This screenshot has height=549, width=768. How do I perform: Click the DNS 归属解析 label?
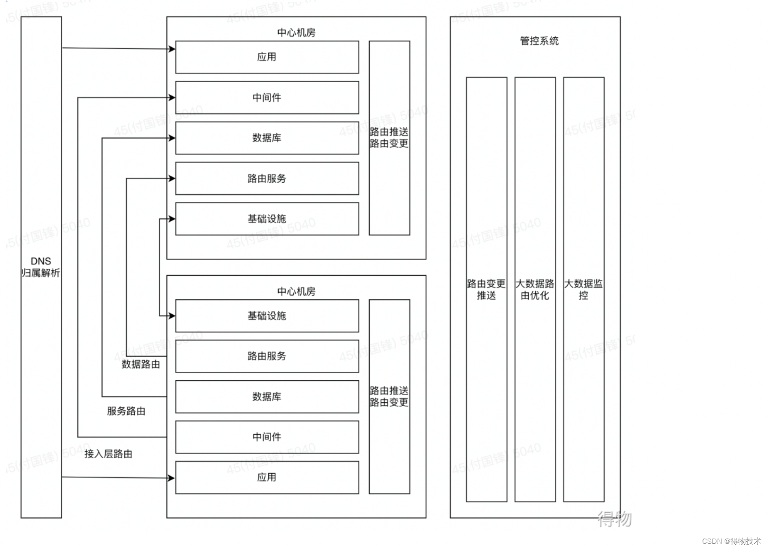point(41,267)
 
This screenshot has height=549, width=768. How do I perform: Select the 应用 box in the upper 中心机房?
point(267,57)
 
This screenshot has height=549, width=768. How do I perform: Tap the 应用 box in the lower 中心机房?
point(267,477)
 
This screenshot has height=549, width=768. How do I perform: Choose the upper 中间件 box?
point(267,97)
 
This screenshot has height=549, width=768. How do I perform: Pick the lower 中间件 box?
point(267,437)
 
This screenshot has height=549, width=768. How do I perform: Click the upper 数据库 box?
point(267,138)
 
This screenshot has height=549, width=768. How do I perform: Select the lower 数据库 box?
point(267,397)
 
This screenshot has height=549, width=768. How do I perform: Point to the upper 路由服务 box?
point(267,178)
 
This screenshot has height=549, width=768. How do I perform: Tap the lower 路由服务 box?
point(267,356)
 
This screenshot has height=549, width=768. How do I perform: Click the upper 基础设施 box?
point(267,219)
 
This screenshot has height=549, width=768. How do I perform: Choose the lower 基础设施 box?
point(267,316)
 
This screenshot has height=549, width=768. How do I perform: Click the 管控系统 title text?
point(539,41)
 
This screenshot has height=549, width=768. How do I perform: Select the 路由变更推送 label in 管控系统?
point(486,289)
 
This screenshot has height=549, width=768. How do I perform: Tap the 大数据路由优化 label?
point(535,289)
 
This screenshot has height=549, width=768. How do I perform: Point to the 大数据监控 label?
point(583,289)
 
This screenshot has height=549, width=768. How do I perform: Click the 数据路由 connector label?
point(141,364)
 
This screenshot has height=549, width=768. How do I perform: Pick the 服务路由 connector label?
point(126,411)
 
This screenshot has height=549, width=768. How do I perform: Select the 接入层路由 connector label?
point(108,454)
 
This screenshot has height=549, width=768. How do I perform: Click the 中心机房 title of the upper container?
point(296,33)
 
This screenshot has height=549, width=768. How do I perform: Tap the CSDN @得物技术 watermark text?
point(731,541)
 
